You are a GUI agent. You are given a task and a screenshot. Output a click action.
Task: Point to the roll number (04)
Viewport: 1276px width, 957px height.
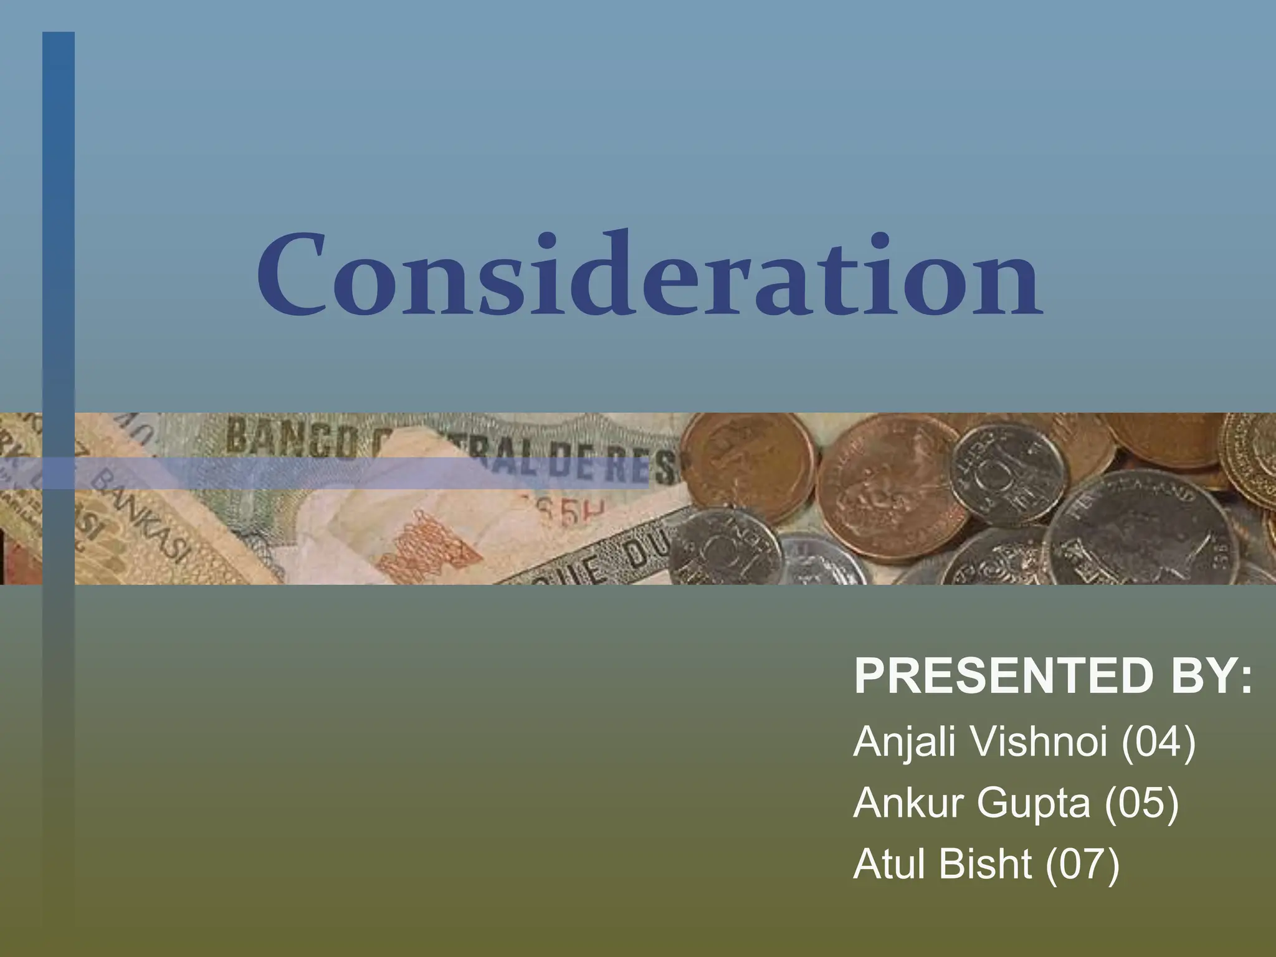[x=1158, y=742]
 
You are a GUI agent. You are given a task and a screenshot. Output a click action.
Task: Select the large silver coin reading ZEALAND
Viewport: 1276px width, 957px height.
[x=1140, y=530]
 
